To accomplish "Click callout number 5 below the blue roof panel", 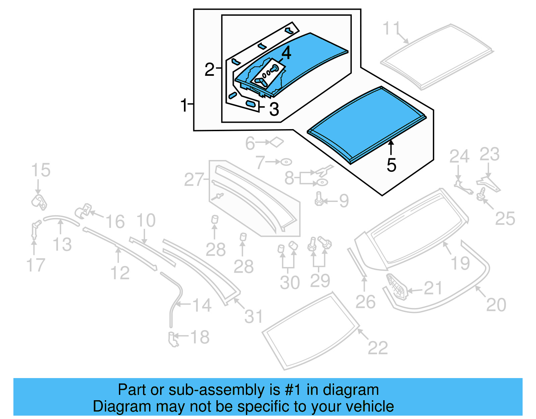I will click(x=391, y=165).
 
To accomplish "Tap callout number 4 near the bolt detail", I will click(x=286, y=53).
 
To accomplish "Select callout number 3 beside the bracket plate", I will click(x=274, y=109).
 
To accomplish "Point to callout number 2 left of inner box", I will click(x=209, y=69).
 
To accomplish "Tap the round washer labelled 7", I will click(x=286, y=162).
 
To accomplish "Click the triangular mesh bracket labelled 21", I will click(x=397, y=286).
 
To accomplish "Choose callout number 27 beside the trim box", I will click(x=194, y=180).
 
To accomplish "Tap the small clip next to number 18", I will click(x=173, y=339).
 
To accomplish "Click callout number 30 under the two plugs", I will click(x=289, y=282).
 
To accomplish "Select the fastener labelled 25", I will click(x=482, y=194).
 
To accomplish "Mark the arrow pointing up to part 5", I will click(x=391, y=148).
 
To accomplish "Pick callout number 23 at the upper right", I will click(x=489, y=154).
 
